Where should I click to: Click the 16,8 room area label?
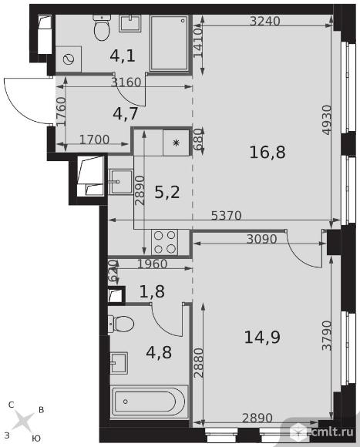coord(267,152)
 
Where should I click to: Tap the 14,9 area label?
coord(262,337)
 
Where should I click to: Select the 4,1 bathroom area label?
coord(123,55)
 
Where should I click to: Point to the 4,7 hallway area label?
coord(126,113)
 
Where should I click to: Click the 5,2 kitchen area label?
coord(167,192)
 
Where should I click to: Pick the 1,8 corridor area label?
coord(152,291)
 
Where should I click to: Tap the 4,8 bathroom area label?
coord(159,352)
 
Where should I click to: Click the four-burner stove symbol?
coord(165,242)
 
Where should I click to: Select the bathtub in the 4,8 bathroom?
coord(149,402)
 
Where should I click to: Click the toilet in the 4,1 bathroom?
coord(102,28)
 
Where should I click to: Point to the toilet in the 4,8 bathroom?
coord(121,324)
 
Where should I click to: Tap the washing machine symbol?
coord(69,59)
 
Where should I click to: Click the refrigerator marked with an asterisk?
coord(177,143)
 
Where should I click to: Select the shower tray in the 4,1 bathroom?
coord(169,42)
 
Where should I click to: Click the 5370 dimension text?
coord(227,216)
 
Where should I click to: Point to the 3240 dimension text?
coord(265,21)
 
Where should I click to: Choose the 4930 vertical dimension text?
coord(327,119)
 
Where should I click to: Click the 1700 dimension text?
coord(94,139)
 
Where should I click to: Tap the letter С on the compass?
coord(12,405)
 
